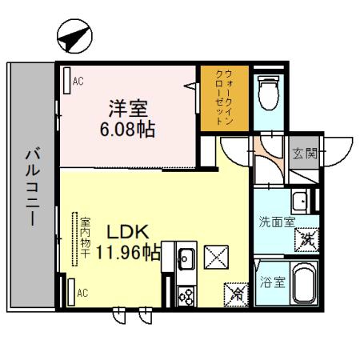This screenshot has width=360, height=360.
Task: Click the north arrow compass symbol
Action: point(74,36)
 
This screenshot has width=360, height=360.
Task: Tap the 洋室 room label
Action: point(128,108)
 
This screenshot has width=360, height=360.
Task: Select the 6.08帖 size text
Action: point(127,130)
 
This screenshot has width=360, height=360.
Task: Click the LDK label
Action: point(128,232)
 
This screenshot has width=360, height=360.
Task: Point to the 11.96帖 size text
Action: point(128,252)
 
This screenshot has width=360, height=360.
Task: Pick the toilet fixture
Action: point(269,93)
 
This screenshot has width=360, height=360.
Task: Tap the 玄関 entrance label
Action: point(305,154)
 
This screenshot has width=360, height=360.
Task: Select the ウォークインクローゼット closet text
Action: point(224,98)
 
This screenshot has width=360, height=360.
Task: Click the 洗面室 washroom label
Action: point(277,222)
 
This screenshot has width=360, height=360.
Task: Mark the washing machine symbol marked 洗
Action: point(307,240)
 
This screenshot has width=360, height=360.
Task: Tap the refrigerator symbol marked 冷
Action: point(236,294)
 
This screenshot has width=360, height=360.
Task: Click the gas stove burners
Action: point(186,296)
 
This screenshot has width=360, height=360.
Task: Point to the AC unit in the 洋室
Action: point(67,81)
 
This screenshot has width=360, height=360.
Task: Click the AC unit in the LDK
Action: point(71,292)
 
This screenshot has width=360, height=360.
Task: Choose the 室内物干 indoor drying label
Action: point(86,238)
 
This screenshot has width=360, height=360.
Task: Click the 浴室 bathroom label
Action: point(273,282)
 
